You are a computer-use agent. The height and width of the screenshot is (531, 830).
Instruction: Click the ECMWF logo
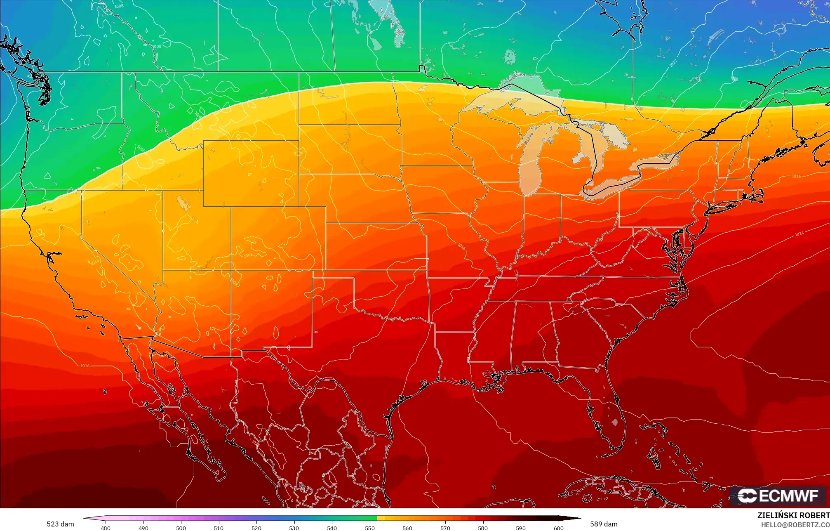[x=778, y=496]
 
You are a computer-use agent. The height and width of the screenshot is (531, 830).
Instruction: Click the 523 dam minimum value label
[x=60, y=524]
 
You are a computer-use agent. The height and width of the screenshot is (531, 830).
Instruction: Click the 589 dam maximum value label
[x=604, y=524]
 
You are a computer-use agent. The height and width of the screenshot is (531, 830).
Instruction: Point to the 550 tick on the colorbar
[x=370, y=528]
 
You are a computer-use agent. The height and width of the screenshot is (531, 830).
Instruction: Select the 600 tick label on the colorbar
[x=558, y=528]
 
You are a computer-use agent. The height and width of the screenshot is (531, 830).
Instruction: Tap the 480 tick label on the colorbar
[x=106, y=528]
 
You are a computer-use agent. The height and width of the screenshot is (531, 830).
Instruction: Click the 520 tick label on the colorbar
[x=256, y=528]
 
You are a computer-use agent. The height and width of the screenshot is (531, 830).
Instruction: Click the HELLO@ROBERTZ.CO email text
[x=795, y=525]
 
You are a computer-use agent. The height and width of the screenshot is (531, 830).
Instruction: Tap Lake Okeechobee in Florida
[x=615, y=422]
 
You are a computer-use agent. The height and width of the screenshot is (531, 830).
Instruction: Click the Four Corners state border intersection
[x=230, y=270]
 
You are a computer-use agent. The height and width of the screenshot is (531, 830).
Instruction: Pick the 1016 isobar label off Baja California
[x=85, y=366]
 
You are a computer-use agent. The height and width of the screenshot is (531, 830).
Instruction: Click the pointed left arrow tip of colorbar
[x=84, y=518]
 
